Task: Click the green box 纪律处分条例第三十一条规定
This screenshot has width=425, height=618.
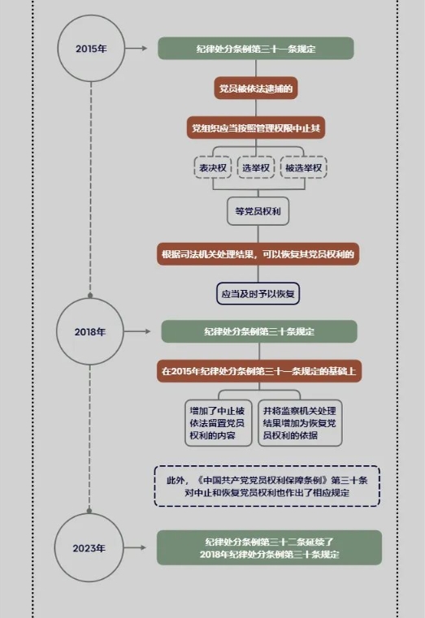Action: click(256, 49)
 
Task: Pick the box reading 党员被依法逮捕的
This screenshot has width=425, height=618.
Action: click(256, 89)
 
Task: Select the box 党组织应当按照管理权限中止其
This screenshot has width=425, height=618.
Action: click(256, 127)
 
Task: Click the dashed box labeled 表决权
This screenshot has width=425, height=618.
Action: click(213, 167)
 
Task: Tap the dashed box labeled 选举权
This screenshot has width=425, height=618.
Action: click(256, 167)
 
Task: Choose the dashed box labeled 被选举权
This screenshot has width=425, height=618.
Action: click(304, 167)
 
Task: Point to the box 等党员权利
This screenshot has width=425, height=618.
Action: click(258, 211)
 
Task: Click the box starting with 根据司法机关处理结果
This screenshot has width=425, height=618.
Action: click(258, 254)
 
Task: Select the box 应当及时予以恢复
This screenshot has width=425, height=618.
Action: click(258, 294)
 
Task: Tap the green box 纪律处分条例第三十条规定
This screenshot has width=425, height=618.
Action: click(259, 331)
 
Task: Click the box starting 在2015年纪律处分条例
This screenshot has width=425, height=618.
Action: click(259, 371)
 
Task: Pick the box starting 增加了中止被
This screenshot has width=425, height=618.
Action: click(218, 423)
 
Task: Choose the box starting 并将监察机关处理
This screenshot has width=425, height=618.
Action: click(300, 423)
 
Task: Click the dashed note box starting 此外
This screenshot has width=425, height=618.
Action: click(267, 486)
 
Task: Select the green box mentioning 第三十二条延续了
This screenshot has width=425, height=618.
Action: click(269, 548)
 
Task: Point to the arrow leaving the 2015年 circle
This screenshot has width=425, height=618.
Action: click(136, 49)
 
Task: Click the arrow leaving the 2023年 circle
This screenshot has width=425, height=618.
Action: click(135, 547)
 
